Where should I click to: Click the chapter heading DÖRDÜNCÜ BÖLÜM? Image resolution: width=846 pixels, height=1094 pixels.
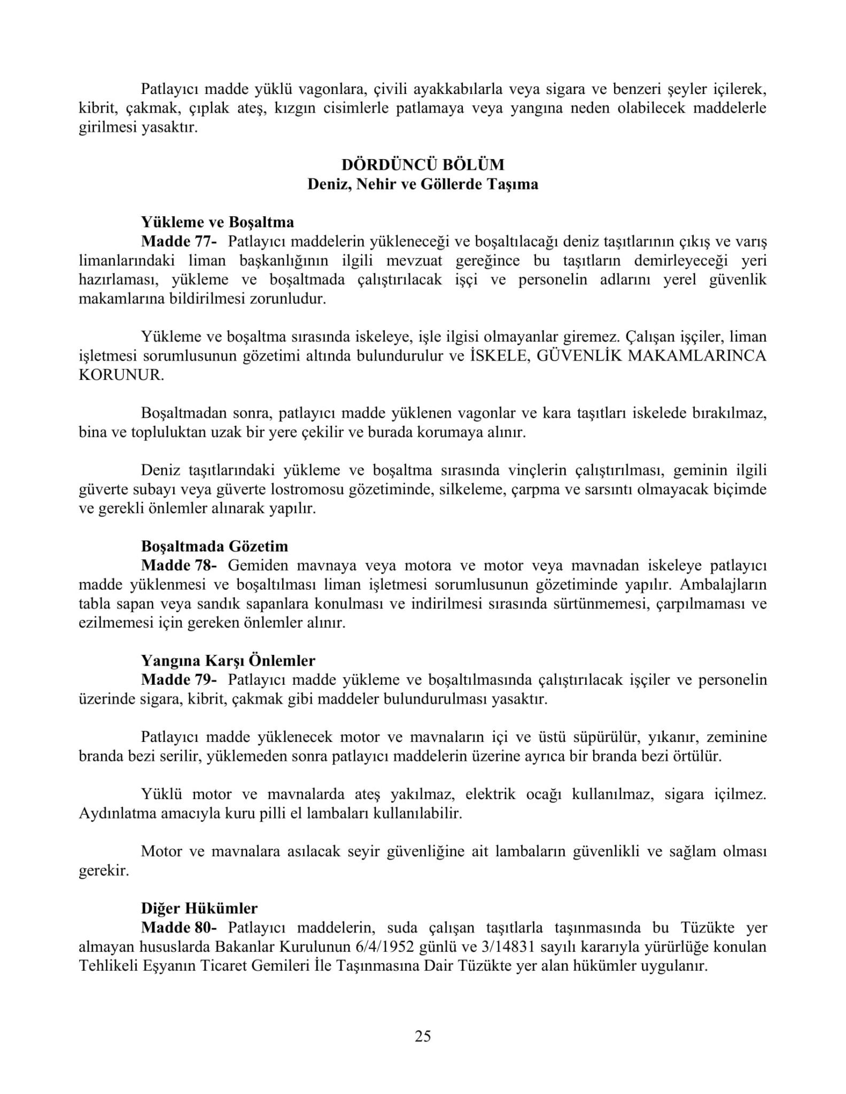click(422, 165)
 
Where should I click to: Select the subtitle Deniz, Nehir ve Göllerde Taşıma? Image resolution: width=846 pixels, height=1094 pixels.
click(422, 184)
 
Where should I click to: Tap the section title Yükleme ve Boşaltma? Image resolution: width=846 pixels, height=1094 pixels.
click(218, 222)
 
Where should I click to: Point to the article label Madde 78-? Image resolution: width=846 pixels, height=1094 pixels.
click(179, 565)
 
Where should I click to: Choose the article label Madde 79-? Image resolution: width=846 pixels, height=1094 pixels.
click(179, 680)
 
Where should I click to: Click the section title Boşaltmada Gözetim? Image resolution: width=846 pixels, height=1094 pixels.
click(214, 546)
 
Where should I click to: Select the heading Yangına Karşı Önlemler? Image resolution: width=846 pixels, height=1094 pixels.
click(228, 661)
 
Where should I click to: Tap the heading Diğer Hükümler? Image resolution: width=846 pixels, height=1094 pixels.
click(199, 908)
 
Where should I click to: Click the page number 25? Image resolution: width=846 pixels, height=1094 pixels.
click(422, 1036)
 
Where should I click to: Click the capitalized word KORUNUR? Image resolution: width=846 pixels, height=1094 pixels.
click(121, 375)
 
